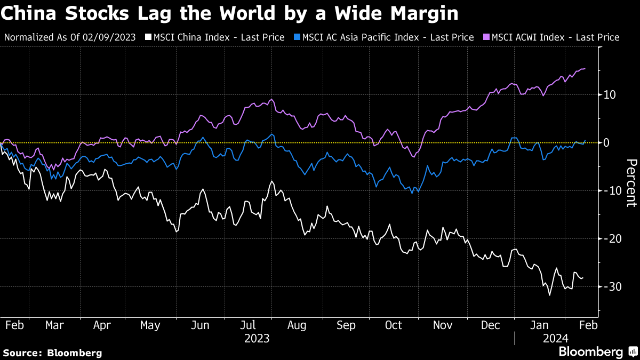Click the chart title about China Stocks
coord(229,13)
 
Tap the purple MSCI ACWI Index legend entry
coord(551,37)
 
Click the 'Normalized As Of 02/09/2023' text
coord(70,37)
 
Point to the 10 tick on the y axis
coord(610,95)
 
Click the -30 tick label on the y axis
coord(611,287)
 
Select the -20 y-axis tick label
coord(611,239)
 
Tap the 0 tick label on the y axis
coord(607,143)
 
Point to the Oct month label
coord(394,325)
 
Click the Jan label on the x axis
coord(539,325)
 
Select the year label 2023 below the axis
coord(257,338)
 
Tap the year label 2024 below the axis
coord(555,338)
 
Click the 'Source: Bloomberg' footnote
coord(52,353)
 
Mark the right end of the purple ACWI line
coord(585,68)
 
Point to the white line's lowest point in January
coord(550,295)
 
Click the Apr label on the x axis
coord(102,325)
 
